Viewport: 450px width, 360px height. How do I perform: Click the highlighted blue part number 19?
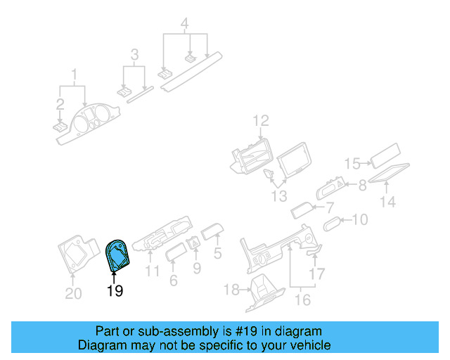117,255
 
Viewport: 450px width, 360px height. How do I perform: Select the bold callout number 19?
115,290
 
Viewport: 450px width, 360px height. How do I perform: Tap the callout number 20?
74,293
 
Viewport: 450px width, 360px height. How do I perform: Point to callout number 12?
261,121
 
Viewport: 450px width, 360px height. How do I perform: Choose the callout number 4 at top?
184,25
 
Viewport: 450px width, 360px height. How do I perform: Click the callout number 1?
72,73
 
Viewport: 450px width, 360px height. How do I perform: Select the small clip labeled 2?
60,127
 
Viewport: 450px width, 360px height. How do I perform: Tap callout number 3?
134,54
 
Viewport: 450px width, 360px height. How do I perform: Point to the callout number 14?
388,202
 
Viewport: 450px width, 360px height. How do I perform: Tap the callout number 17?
318,274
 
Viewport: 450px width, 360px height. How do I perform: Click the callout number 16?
302,301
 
